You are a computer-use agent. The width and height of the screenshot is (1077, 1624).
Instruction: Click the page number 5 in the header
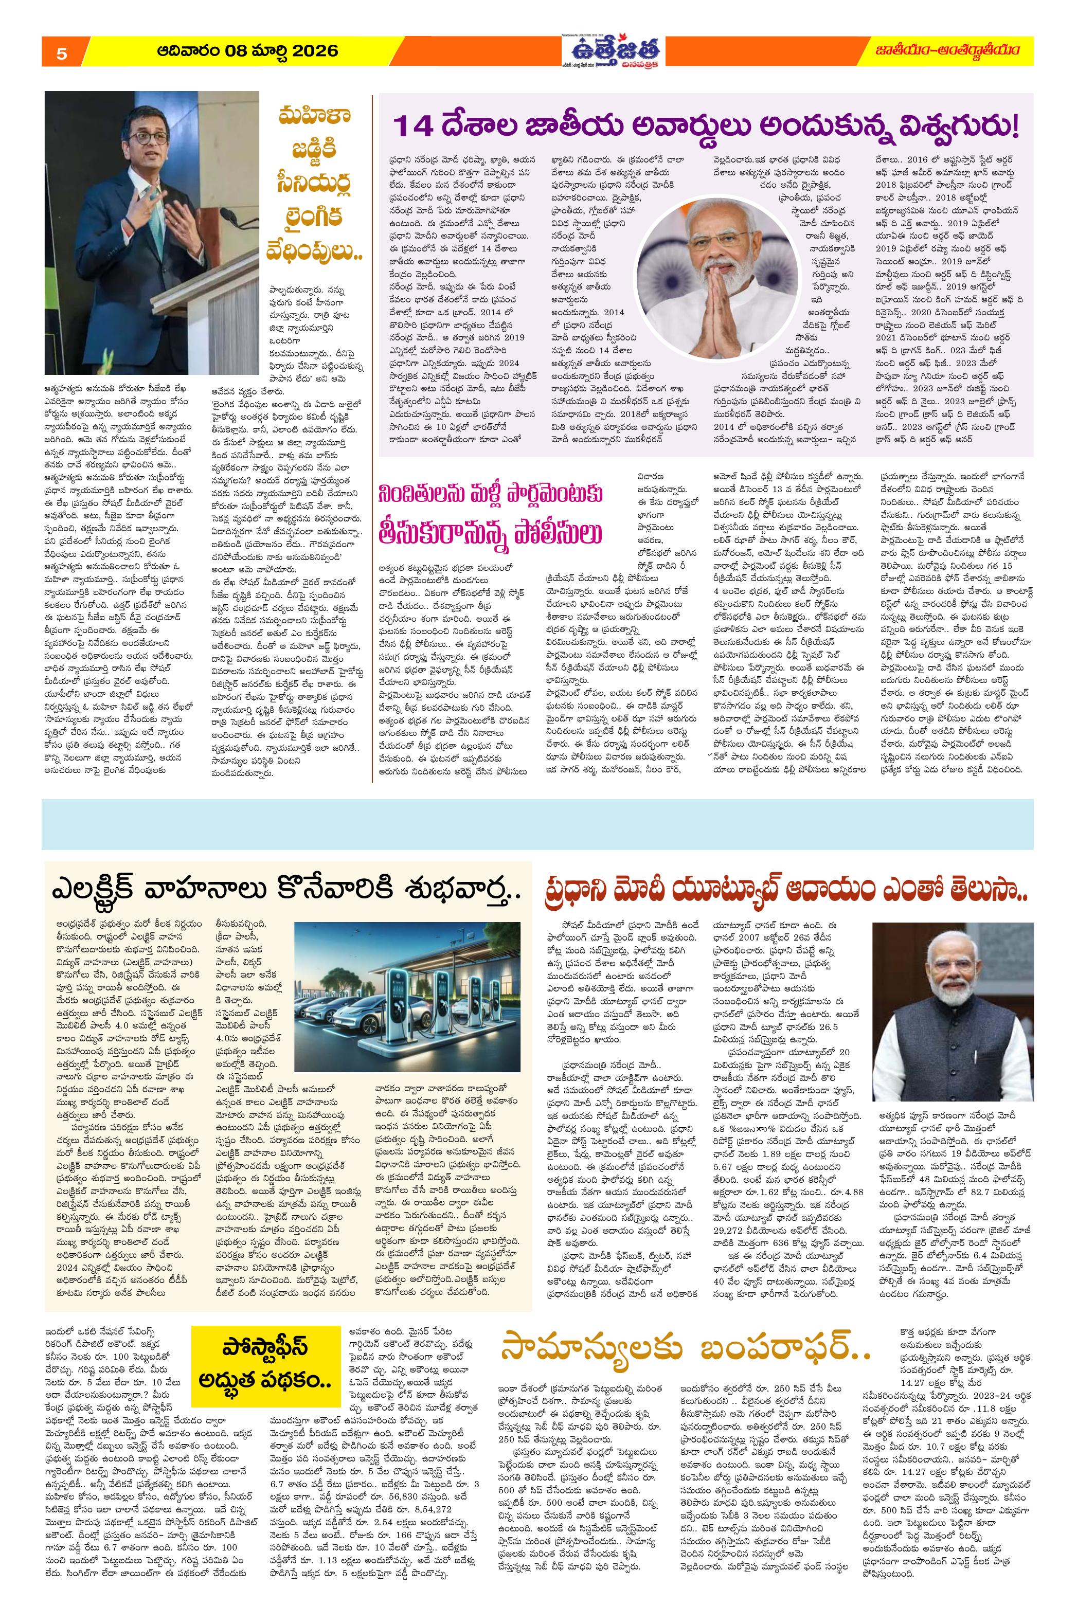[61, 54]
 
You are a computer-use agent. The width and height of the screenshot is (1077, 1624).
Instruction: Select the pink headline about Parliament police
[492, 514]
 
